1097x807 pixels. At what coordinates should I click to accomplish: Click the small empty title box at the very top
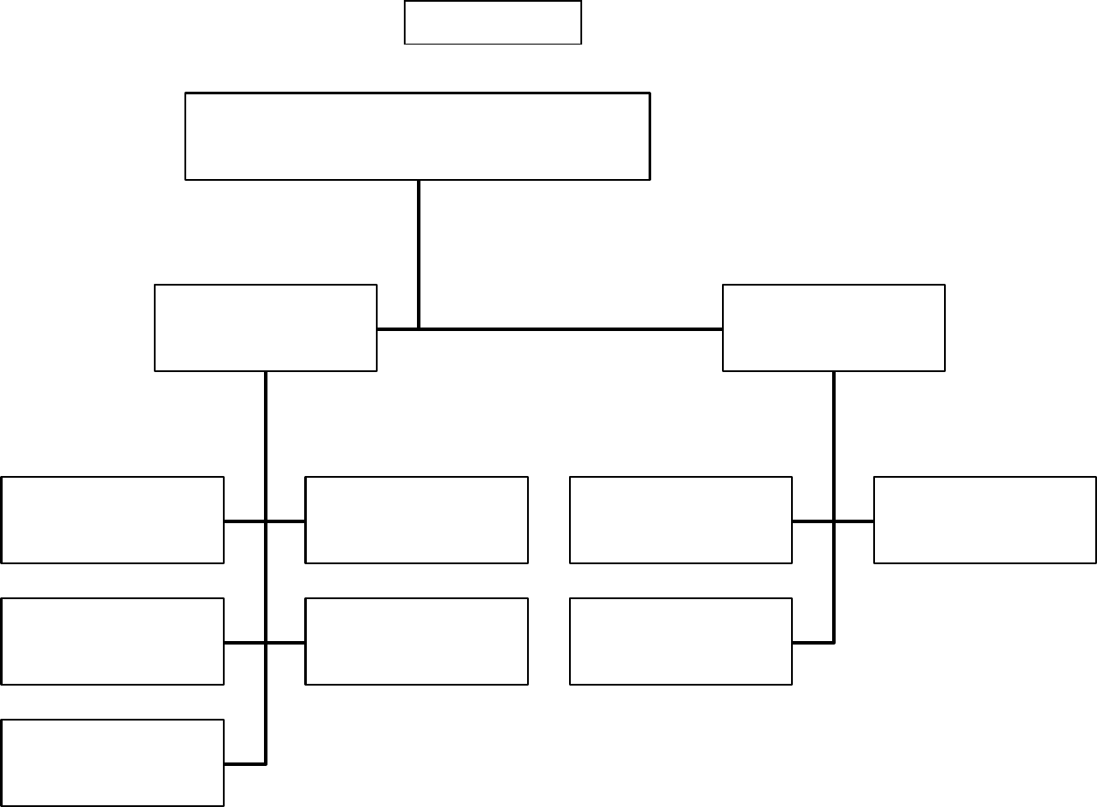(x=493, y=23)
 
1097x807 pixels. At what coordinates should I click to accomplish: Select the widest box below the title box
(x=418, y=136)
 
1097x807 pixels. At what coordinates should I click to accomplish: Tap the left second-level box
(x=266, y=328)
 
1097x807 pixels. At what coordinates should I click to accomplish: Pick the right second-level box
(x=834, y=328)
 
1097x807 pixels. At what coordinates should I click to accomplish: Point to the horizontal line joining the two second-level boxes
(x=568, y=329)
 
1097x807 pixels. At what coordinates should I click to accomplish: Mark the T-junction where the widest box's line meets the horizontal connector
(x=419, y=329)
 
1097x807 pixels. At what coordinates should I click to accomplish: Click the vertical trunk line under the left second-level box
(x=265, y=437)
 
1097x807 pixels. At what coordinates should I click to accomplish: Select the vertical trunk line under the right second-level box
(x=834, y=437)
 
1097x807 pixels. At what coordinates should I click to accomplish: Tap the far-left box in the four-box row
(x=113, y=520)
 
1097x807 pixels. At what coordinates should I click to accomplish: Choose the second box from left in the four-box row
(x=417, y=520)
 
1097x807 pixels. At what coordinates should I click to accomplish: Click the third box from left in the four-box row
(x=681, y=520)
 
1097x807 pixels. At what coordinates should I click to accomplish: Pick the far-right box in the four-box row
(x=985, y=520)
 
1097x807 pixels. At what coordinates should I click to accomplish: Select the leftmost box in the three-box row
(x=113, y=641)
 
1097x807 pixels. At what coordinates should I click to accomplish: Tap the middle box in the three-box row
(x=417, y=641)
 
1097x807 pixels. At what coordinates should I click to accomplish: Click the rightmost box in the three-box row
(x=681, y=641)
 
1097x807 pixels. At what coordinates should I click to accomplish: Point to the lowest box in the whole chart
(x=113, y=762)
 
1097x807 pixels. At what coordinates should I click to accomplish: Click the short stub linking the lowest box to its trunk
(x=245, y=764)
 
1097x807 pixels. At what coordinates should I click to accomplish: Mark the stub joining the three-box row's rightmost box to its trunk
(x=813, y=643)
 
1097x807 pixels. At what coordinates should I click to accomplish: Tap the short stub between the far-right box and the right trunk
(x=855, y=521)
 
